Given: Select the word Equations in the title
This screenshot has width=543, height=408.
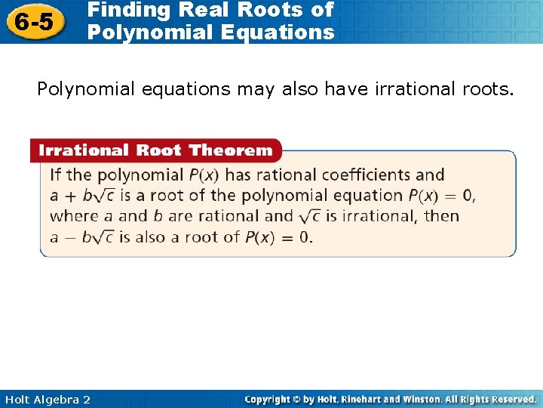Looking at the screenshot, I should (x=281, y=32).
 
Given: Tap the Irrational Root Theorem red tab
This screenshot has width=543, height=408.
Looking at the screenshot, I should (x=155, y=150).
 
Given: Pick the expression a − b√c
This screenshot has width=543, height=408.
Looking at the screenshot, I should (x=81, y=237).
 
